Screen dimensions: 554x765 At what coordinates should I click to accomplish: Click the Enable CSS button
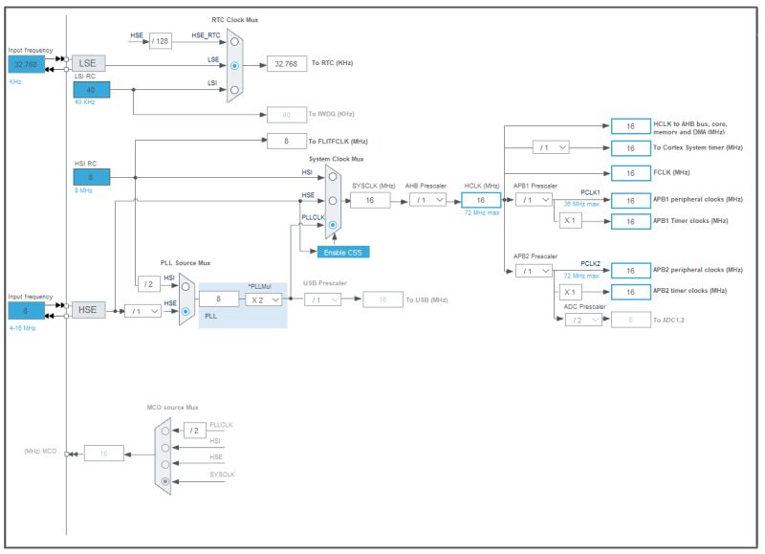(x=343, y=252)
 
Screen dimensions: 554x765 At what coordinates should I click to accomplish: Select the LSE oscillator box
(x=88, y=63)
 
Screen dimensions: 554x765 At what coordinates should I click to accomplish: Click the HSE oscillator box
(x=88, y=310)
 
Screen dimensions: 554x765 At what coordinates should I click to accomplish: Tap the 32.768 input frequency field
(x=25, y=64)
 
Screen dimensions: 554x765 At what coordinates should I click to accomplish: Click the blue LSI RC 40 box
(x=92, y=89)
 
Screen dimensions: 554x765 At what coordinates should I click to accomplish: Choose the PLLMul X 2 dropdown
(x=262, y=299)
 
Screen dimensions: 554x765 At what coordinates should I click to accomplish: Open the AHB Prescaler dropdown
(x=427, y=200)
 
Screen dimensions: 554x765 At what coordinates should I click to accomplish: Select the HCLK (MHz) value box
(x=481, y=200)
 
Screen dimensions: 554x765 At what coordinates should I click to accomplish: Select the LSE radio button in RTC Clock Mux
(x=235, y=65)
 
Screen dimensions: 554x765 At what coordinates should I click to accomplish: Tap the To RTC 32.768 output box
(x=286, y=63)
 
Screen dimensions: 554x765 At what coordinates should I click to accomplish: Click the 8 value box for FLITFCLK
(x=286, y=141)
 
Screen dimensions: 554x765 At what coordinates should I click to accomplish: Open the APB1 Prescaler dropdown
(x=534, y=200)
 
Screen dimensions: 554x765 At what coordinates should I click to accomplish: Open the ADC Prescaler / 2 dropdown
(x=582, y=319)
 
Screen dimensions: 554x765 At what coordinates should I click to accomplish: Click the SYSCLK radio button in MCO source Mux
(x=165, y=480)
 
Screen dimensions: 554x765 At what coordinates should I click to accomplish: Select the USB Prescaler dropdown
(x=322, y=299)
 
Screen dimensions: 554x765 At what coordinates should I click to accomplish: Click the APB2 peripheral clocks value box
(x=630, y=271)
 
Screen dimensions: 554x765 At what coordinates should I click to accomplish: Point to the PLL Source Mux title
(x=185, y=263)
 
